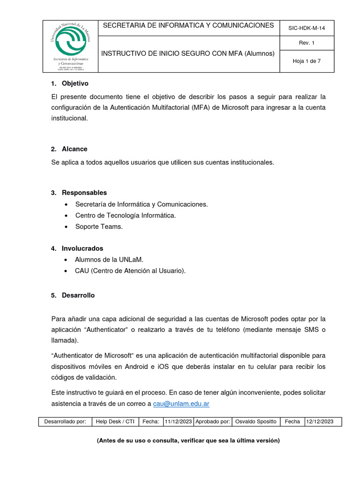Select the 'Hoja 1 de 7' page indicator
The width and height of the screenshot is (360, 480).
click(x=306, y=61)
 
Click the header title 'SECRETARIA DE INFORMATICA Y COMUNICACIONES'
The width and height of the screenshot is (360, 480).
click(x=188, y=25)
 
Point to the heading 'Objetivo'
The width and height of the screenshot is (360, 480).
click(x=75, y=83)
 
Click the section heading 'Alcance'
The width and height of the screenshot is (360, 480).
click(x=75, y=149)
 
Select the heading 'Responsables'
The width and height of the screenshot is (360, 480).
click(x=84, y=193)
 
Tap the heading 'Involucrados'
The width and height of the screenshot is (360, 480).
click(x=82, y=248)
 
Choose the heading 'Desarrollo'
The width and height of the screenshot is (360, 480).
click(x=78, y=295)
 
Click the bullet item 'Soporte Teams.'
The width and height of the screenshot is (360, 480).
click(x=99, y=226)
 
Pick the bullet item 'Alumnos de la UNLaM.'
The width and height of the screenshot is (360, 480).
click(x=109, y=259)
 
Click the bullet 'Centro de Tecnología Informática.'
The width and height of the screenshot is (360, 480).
click(x=126, y=215)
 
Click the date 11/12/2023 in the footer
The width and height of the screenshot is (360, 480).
click(x=178, y=421)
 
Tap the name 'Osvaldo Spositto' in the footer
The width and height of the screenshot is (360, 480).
click(x=255, y=421)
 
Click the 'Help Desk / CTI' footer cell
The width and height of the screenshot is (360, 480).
click(x=115, y=421)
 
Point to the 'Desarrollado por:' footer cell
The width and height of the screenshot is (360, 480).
click(x=65, y=421)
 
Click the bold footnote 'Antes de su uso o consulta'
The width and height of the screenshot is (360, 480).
click(x=188, y=441)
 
